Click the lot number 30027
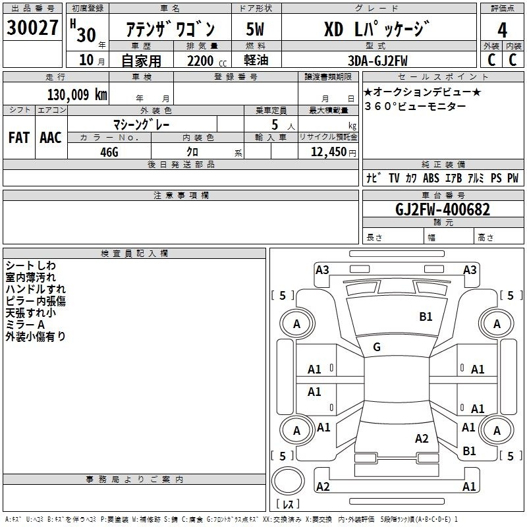32,28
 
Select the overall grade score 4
502,30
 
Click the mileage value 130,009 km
77,95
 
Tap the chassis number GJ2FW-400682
443,209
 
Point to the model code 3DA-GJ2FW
377,61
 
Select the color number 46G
109,152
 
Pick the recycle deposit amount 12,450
329,152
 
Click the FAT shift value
19,138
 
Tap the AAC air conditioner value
51,138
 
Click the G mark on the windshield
377,347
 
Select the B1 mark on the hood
426,317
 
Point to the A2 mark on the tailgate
422,439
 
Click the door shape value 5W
255,29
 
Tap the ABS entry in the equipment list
431,178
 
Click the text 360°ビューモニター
416,107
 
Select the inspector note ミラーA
25,325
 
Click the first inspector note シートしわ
30,265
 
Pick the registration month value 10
86,60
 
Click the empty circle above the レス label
288,481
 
